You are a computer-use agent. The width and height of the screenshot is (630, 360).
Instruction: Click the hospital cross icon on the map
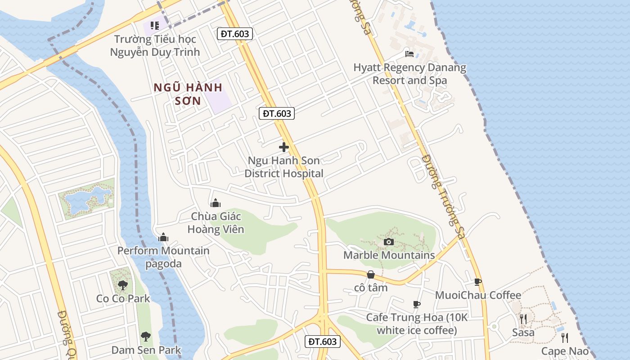(x=284, y=147)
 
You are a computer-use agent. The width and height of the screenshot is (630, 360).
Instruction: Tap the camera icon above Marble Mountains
(x=389, y=242)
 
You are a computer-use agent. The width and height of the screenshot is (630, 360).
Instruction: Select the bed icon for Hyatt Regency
(x=409, y=54)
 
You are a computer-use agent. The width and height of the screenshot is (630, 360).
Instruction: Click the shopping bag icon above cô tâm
(x=371, y=274)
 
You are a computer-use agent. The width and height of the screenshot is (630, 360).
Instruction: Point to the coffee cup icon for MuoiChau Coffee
(x=478, y=282)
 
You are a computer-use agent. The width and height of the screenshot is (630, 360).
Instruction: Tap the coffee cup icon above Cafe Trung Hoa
(x=417, y=305)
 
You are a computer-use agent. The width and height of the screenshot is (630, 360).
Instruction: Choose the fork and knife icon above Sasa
(x=523, y=319)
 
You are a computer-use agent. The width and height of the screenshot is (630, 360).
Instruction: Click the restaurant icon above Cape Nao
(x=565, y=338)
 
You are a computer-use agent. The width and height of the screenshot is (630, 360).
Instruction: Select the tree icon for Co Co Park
(x=122, y=285)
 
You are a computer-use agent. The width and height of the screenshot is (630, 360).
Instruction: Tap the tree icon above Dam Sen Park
(x=145, y=336)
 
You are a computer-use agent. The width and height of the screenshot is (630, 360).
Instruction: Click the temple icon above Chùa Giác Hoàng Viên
(x=216, y=203)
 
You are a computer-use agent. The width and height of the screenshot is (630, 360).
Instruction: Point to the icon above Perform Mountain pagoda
(x=163, y=237)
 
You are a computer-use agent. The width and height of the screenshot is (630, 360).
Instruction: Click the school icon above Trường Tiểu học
(x=155, y=26)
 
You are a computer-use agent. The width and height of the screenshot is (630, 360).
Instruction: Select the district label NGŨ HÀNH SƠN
(x=188, y=94)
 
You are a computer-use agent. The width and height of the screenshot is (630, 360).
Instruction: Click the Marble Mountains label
(x=389, y=255)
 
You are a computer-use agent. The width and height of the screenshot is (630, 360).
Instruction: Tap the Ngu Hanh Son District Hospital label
(x=284, y=167)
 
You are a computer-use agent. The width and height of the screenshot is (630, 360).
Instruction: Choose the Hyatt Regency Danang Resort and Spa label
(x=409, y=74)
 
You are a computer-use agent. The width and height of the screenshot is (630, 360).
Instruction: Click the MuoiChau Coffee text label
(x=478, y=295)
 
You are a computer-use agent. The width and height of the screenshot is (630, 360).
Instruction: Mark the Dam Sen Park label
(x=146, y=350)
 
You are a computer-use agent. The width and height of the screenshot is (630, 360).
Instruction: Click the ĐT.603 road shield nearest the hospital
(x=277, y=113)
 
